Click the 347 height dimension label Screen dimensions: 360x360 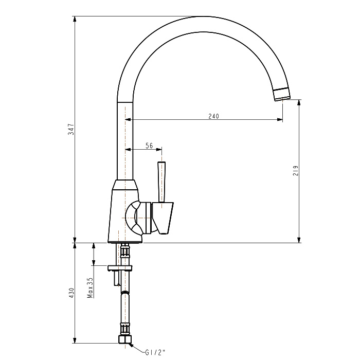tap(71, 129)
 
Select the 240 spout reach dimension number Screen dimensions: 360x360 tap(213, 116)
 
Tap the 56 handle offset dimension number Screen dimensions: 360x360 tap(149, 146)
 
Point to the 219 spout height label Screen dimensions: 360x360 tap(296, 171)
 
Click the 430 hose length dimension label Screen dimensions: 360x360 tap(71, 293)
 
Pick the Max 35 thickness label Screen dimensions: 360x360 tap(90, 287)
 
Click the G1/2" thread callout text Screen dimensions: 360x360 tap(155, 352)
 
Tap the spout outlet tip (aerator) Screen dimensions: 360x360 tap(282, 94)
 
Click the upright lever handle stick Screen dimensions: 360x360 tap(161, 182)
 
